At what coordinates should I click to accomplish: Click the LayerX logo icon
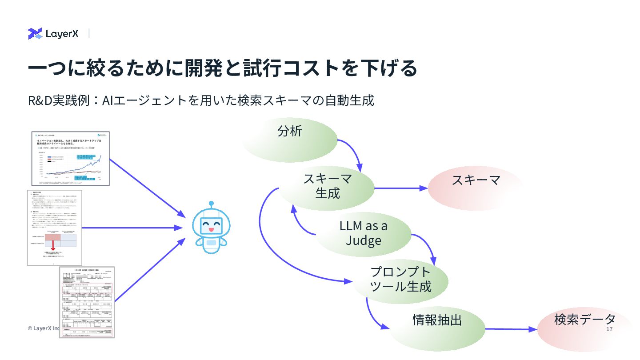point(35,33)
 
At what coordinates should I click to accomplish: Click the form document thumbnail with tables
point(87,302)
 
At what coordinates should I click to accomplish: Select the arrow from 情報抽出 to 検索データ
point(511,329)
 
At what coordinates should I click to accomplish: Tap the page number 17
point(609,329)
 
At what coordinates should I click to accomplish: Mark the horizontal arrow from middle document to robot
point(133,228)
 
